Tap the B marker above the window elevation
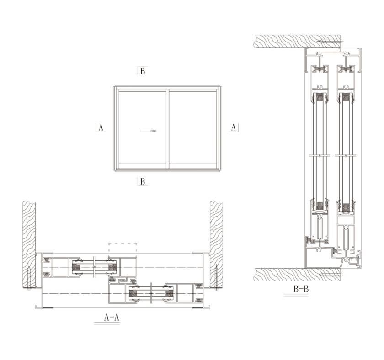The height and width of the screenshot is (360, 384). tap(143, 71)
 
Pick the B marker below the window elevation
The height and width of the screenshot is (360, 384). tap(143, 181)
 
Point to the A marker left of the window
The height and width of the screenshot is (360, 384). tap(101, 127)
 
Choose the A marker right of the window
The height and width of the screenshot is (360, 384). tap(234, 127)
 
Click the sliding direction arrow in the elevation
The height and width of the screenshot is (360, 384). tap(148, 131)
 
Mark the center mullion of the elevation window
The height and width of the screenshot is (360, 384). tap(167, 128)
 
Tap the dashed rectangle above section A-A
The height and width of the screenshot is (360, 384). tap(123, 248)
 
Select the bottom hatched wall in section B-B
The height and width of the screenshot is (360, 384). tap(297, 274)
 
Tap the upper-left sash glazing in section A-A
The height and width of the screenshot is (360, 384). tap(94, 267)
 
